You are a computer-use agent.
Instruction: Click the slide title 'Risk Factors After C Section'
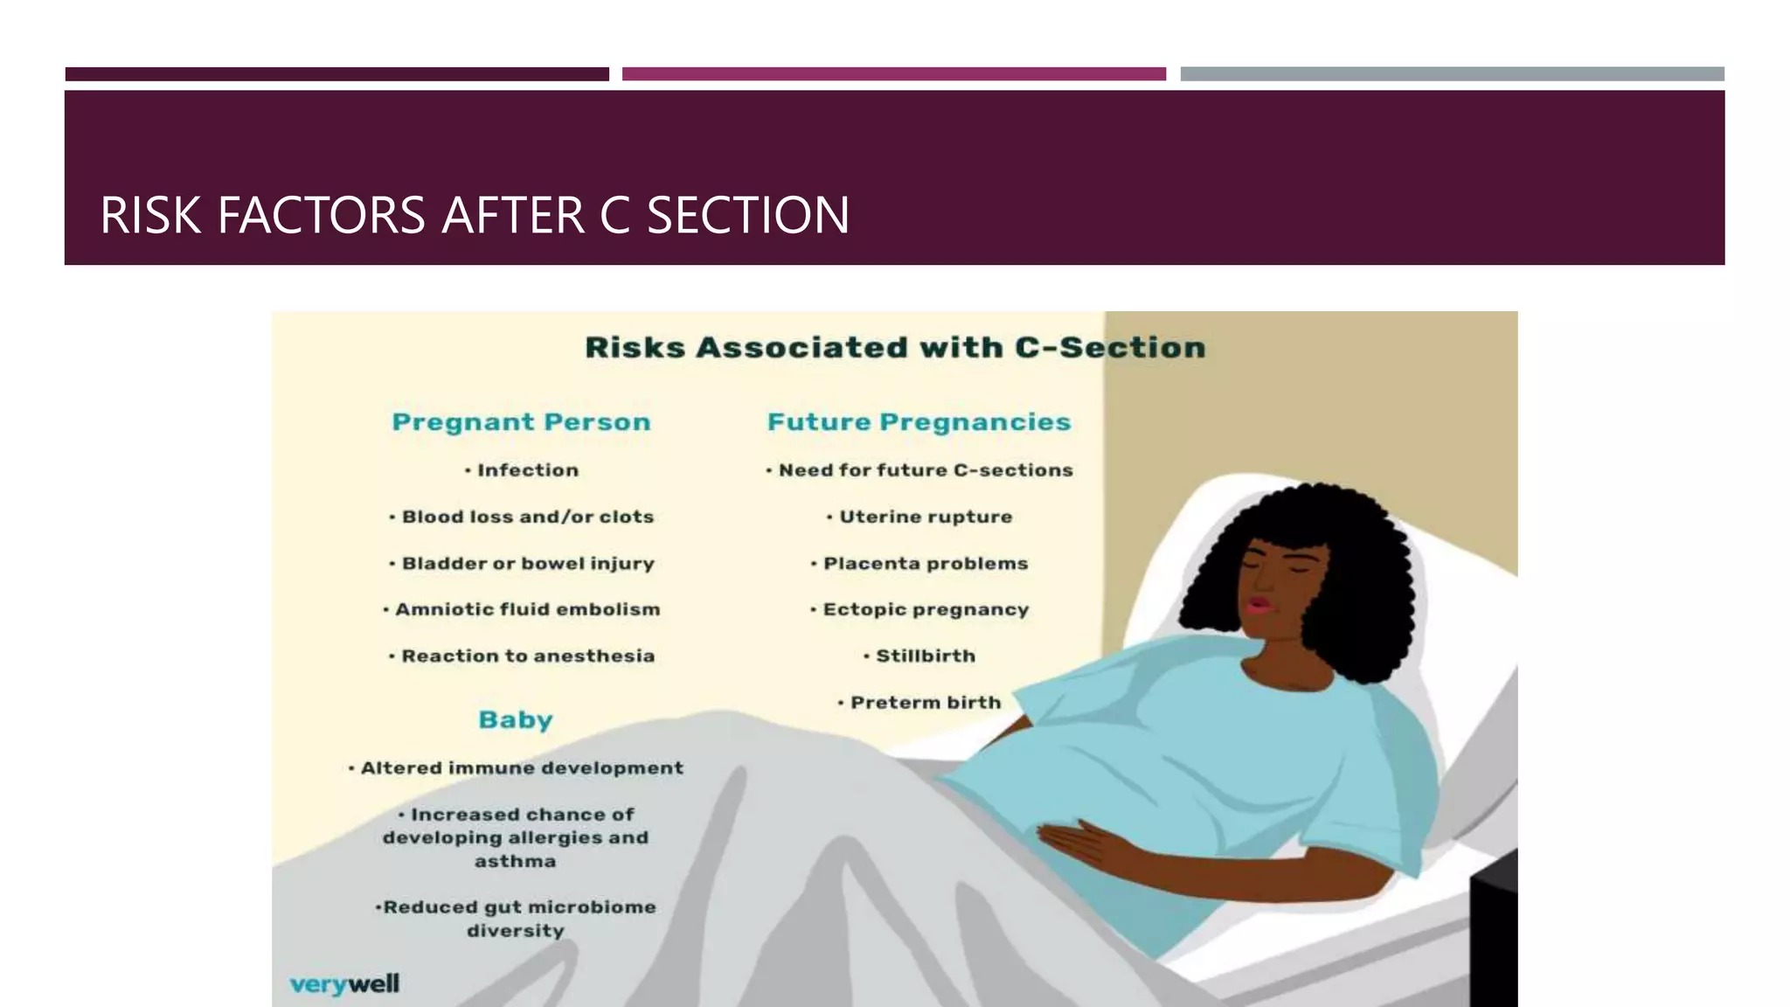(475, 215)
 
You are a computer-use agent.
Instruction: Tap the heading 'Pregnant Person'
(521, 422)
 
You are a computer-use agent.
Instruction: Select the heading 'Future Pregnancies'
(919, 422)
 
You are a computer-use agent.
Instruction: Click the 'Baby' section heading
(516, 719)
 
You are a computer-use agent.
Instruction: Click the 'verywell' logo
(344, 984)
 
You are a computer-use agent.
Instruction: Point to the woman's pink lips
(1258, 605)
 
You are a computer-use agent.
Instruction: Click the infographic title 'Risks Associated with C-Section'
(895, 347)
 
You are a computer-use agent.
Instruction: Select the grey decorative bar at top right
(1452, 74)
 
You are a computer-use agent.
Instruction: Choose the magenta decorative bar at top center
(893, 74)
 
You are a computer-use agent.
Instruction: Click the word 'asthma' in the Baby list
(516, 861)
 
